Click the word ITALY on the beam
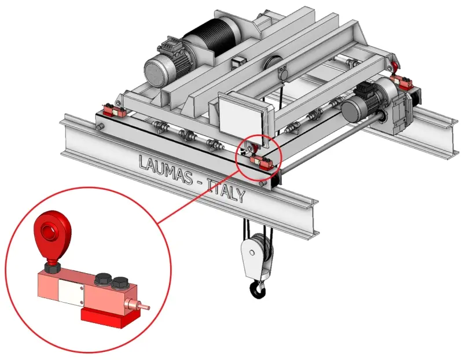[226, 190]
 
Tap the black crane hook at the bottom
[258, 289]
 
